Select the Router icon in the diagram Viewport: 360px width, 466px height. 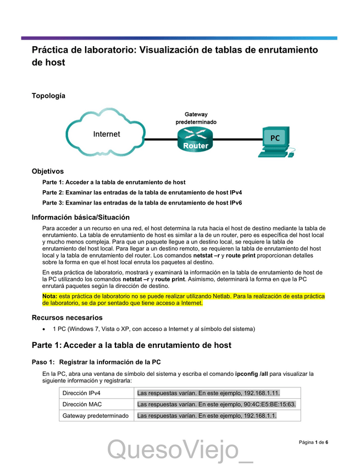tap(196, 140)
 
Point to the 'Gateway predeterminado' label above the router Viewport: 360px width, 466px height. tap(196, 118)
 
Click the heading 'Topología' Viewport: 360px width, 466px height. tap(48, 96)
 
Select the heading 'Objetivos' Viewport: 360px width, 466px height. tap(47, 171)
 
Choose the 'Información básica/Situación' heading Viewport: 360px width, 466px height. tap(81, 217)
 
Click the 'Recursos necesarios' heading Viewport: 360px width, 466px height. tap(67, 318)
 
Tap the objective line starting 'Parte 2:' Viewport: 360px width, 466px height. tap(142, 192)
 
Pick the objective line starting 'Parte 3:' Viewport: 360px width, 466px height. tap(142, 203)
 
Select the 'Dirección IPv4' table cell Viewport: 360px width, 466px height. tap(81, 393)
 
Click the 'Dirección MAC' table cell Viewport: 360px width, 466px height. tap(82, 404)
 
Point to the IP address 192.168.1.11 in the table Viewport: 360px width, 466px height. tap(261, 393)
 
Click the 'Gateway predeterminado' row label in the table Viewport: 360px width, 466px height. tap(96, 415)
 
